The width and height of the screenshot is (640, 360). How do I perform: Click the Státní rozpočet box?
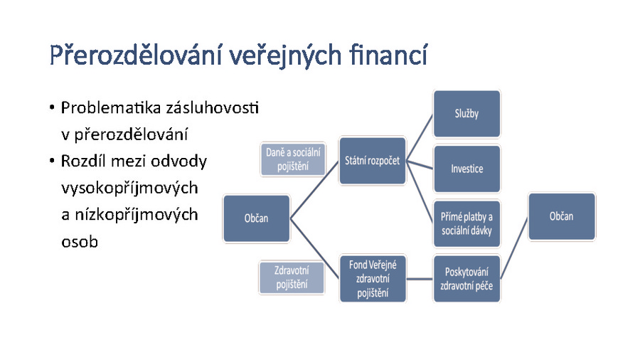(373, 161)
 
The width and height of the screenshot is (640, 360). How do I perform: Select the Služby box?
(466, 114)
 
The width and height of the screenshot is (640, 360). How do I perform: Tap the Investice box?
(466, 169)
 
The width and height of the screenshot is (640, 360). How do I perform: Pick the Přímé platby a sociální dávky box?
(466, 223)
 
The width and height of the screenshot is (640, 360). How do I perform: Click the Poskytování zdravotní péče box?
(466, 279)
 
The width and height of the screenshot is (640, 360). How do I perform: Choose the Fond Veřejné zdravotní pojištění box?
(373, 279)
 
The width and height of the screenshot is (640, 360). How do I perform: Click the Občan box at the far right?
(562, 216)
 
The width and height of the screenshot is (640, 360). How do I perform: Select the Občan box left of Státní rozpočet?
(256, 218)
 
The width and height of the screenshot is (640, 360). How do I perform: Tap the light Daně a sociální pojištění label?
(293, 159)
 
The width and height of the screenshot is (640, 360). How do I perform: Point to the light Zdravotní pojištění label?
(292, 277)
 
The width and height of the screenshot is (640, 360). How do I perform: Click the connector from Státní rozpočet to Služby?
(420, 137)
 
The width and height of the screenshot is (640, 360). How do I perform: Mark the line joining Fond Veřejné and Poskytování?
(420, 279)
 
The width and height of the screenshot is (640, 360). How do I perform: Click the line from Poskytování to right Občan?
(514, 248)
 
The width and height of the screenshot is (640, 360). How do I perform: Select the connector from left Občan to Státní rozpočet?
(315, 190)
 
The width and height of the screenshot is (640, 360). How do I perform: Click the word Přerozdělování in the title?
(137, 55)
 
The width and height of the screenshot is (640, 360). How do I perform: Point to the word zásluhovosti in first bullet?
(212, 107)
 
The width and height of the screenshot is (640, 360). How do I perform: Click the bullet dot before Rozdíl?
(52, 161)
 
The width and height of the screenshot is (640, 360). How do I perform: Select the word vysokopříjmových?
(129, 188)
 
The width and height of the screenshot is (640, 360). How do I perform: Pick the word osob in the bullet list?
(80, 242)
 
